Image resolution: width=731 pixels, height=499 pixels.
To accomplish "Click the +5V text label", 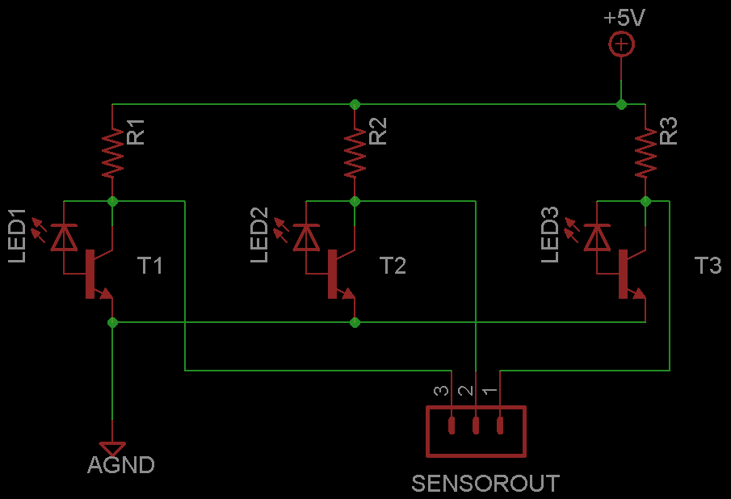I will tap(624, 18).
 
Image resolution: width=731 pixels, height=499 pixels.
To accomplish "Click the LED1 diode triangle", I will tap(63, 237).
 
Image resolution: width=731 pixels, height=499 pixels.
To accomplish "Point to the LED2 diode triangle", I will tap(305, 237).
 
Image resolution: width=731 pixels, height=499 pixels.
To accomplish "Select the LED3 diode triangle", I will tap(597, 237).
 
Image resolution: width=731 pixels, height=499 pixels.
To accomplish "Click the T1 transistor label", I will tap(150, 266).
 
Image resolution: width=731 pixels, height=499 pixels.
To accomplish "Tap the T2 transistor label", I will tap(393, 266).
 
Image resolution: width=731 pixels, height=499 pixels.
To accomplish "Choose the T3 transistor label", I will tap(708, 266).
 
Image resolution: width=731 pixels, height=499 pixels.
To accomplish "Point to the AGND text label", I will tap(121, 466).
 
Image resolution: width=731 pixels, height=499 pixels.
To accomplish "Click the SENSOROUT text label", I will tap(485, 484).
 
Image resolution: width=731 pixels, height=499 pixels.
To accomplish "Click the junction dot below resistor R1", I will tap(112, 200).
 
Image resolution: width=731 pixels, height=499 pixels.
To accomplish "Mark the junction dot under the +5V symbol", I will tap(620, 104).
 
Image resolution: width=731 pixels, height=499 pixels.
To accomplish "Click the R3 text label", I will tap(669, 131).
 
